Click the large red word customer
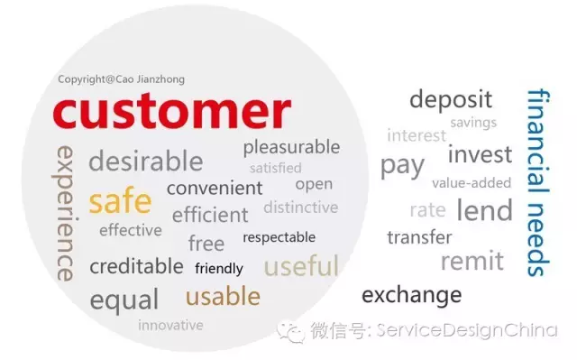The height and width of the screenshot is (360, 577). (171, 111)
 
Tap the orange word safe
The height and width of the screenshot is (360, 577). (120, 201)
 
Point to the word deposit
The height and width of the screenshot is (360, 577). (451, 99)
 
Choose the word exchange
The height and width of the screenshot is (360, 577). (411, 294)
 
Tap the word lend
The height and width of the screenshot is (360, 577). (484, 210)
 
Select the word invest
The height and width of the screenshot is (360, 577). (480, 154)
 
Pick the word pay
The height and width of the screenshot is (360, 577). (401, 166)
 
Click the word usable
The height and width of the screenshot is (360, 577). (223, 296)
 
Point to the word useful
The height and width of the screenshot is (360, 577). (301, 266)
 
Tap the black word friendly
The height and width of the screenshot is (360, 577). (219, 268)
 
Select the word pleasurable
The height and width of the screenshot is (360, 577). (291, 146)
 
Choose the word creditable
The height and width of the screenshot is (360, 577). (136, 266)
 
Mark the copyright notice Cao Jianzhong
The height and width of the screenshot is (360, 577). (121, 79)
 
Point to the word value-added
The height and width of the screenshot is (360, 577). (472, 183)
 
